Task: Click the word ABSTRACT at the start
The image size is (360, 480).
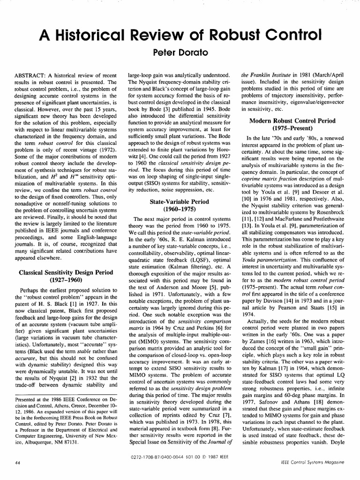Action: coord(33,75)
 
